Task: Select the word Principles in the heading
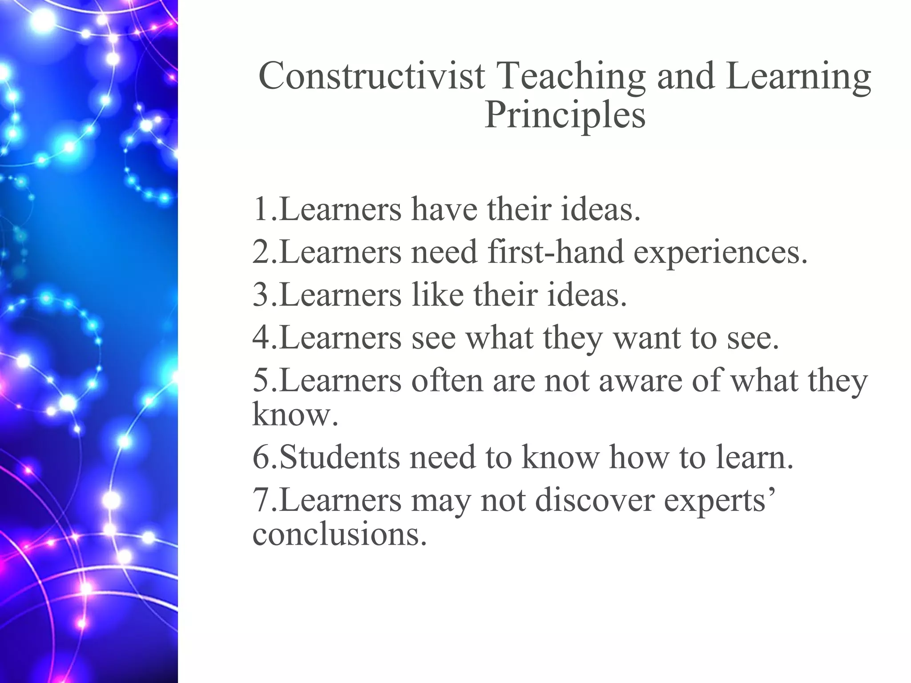[x=565, y=115]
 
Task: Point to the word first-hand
[x=556, y=252]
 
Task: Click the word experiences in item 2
[x=719, y=252]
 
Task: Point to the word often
[x=447, y=381]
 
